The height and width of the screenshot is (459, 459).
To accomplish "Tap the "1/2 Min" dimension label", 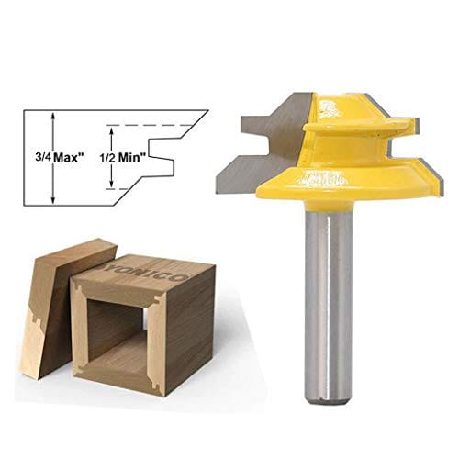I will click(128, 155).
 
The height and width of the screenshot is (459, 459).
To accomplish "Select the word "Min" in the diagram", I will click(136, 155).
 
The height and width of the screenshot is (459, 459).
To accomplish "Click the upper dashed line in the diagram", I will click(151, 124).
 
